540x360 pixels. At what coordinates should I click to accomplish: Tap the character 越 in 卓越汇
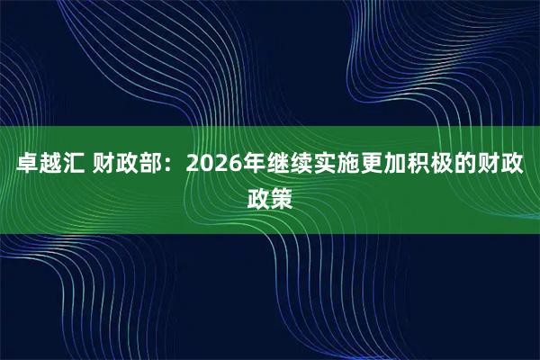[x=50, y=167]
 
